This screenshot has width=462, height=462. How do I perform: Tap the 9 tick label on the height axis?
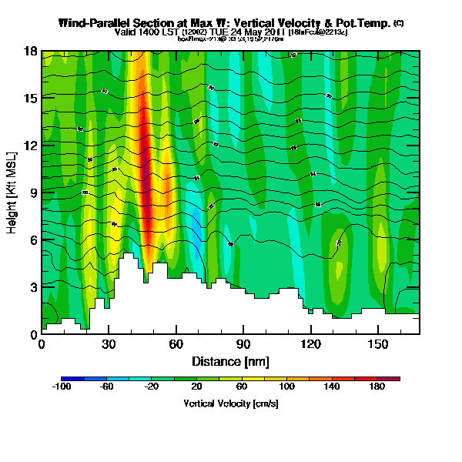pyautogui.click(x=32, y=192)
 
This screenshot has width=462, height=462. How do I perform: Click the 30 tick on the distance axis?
pyautogui.click(x=109, y=344)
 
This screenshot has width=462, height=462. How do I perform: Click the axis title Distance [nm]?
pyautogui.click(x=230, y=361)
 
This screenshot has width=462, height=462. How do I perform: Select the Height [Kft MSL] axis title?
pyautogui.click(x=12, y=192)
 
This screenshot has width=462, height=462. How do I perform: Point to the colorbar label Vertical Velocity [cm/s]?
pyautogui.click(x=230, y=403)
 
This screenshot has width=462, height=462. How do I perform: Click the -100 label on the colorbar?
pyautogui.click(x=62, y=387)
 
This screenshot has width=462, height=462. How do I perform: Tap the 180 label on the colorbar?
pyautogui.click(x=377, y=387)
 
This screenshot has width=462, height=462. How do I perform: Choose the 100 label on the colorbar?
pyautogui.click(x=287, y=387)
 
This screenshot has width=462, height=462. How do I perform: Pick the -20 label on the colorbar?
pyautogui.click(x=152, y=387)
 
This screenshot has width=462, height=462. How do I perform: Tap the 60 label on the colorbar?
pyautogui.click(x=243, y=387)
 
